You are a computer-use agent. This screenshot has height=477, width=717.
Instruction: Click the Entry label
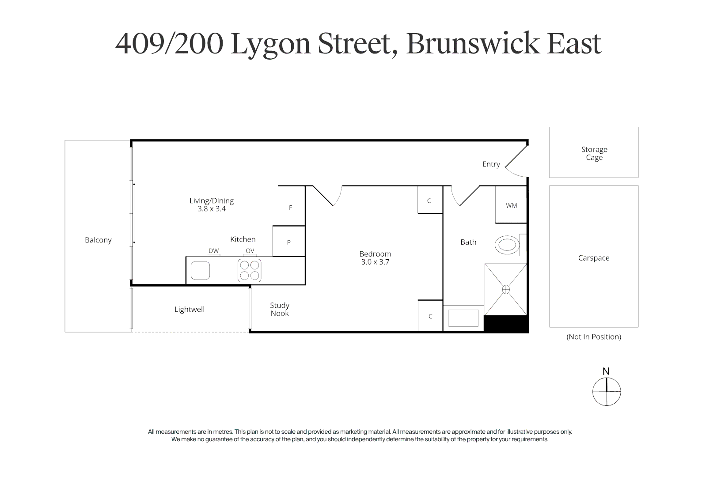point(491,164)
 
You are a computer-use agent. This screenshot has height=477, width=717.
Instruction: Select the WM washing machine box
point(511,205)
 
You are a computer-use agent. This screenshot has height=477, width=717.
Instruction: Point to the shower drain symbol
point(506,289)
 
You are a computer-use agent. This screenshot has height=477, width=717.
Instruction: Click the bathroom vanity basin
point(463,318)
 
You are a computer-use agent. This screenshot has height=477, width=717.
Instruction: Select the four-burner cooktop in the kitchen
point(250,270)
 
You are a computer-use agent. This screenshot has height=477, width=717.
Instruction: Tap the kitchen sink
point(200,270)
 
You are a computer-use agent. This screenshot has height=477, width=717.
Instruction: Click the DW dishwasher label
point(213,251)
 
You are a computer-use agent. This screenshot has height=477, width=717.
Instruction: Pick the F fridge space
point(290,208)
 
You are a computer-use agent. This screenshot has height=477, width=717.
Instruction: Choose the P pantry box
point(288,242)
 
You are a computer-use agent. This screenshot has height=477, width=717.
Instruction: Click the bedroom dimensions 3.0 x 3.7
point(375,262)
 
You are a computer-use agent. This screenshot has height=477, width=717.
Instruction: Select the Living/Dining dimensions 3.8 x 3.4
point(212,209)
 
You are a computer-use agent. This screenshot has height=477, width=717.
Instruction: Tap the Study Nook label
point(280,309)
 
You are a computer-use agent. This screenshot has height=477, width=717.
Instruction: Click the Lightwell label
point(190,310)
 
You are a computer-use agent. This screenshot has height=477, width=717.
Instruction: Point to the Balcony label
point(98,240)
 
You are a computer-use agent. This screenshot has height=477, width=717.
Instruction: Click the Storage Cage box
point(594,153)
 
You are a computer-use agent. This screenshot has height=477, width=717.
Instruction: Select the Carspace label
point(594,258)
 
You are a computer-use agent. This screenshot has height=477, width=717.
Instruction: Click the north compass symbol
point(607,392)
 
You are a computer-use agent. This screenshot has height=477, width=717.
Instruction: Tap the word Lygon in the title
point(271,44)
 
